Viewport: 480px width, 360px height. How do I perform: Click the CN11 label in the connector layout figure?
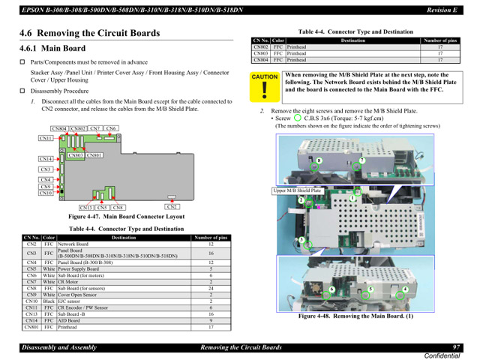pyautogui.click(x=46, y=138)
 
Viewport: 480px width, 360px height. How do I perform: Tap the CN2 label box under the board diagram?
pyautogui.click(x=172, y=207)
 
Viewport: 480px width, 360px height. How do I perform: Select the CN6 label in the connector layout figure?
pyautogui.click(x=111, y=129)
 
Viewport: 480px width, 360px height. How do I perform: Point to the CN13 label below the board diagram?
pyautogui.click(x=87, y=208)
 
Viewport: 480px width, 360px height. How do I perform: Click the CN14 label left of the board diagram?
pyautogui.click(x=46, y=159)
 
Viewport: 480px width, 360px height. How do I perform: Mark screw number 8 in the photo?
pyautogui.click(x=319, y=160)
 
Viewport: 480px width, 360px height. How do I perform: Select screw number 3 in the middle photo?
pyautogui.click(x=303, y=241)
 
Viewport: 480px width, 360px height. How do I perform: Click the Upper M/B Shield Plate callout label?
pyautogui.click(x=297, y=190)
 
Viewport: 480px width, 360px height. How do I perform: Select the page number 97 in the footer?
pyautogui.click(x=456, y=347)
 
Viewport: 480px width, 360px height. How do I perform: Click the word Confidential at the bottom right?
pyautogui.click(x=443, y=355)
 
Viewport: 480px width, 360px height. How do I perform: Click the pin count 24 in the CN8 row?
pyautogui.click(x=211, y=289)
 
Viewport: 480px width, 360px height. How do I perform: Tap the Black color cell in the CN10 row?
pyautogui.click(x=49, y=301)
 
